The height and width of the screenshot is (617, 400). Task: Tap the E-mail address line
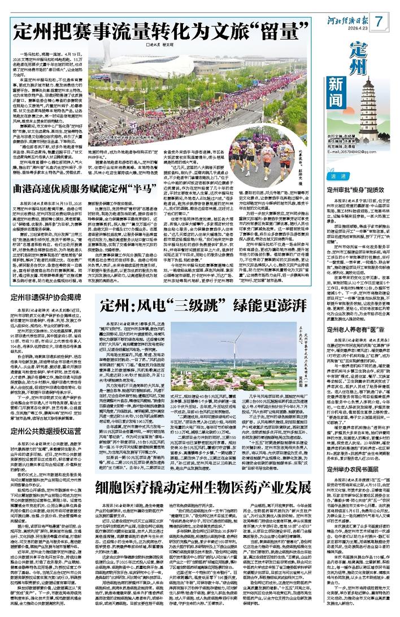(x=351, y=152)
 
